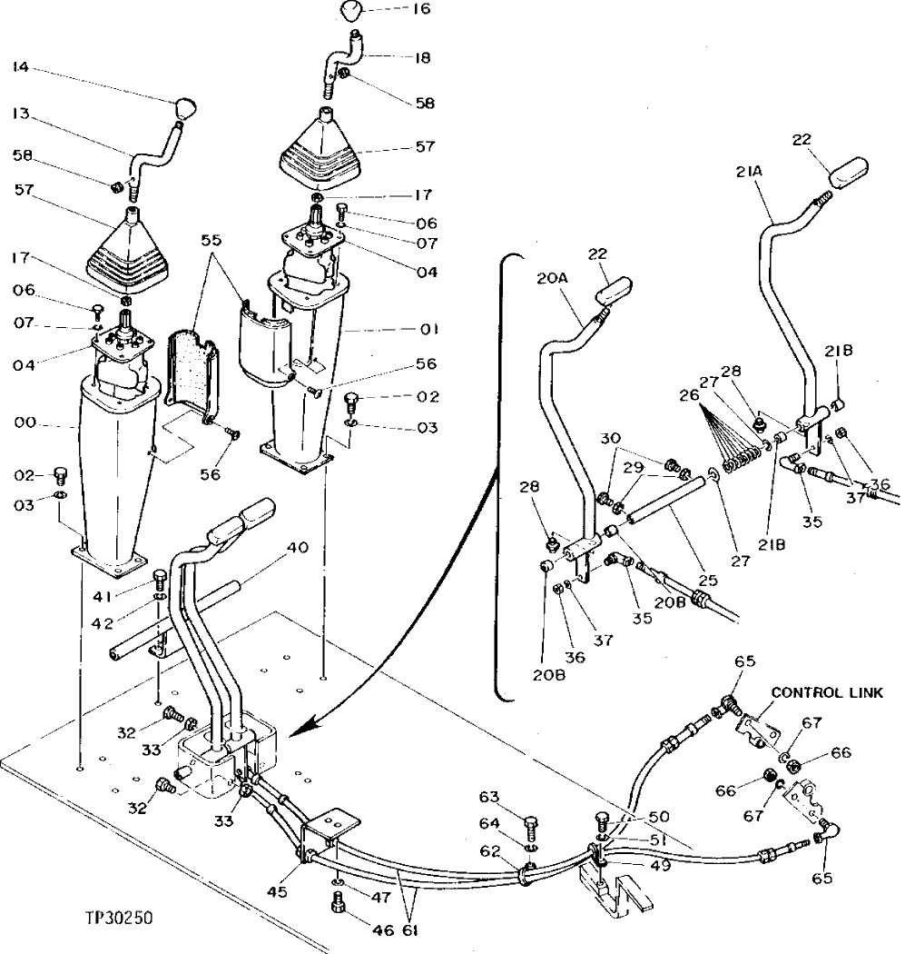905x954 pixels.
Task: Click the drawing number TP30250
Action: (114, 918)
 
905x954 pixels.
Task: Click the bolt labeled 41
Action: (161, 577)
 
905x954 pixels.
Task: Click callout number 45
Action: (277, 891)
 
